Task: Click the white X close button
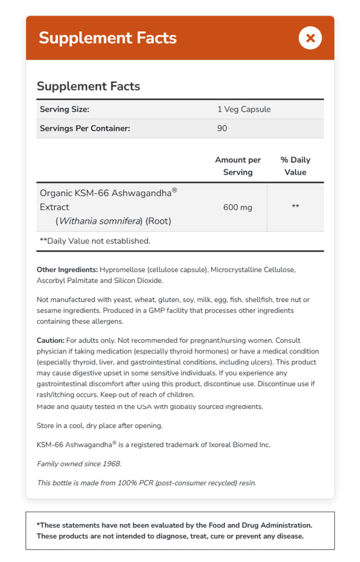click(310, 38)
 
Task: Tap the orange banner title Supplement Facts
click(108, 38)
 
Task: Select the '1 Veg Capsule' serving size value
click(244, 109)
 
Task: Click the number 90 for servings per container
click(222, 128)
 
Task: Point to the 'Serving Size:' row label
click(64, 109)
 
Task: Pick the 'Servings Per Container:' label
click(85, 128)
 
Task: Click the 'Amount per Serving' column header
click(238, 166)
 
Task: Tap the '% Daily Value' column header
click(295, 166)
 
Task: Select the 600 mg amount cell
click(238, 207)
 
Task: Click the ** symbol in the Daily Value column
click(295, 207)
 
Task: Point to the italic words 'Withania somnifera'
click(100, 221)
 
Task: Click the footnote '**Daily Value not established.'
click(95, 241)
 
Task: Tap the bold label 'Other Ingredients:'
click(67, 270)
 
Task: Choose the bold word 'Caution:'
click(50, 340)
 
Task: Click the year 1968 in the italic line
click(112, 464)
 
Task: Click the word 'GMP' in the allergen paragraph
click(157, 311)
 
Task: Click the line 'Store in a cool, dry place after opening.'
click(99, 426)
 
